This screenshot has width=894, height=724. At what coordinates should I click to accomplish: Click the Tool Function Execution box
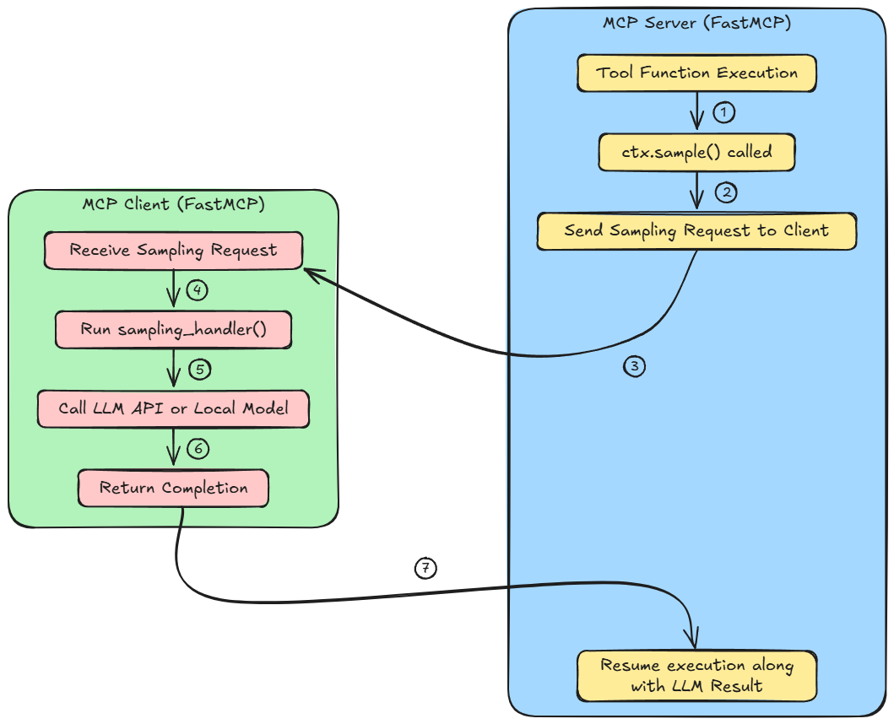[x=696, y=73]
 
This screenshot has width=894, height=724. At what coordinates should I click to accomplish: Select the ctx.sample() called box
[x=696, y=153]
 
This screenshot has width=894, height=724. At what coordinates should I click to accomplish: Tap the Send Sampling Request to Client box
[x=696, y=230]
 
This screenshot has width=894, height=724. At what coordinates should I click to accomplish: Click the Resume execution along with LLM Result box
[x=696, y=675]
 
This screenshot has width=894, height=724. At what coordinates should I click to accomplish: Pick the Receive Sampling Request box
[x=173, y=251]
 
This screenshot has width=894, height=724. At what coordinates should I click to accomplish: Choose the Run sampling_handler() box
[x=173, y=329]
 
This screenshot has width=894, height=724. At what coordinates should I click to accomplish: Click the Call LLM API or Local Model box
[x=173, y=408]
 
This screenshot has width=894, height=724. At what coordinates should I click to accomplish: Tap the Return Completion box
[x=173, y=488]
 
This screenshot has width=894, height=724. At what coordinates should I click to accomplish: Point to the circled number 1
[x=724, y=111]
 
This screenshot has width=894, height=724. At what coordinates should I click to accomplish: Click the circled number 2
[x=726, y=192]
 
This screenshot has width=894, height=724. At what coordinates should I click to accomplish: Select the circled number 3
[x=635, y=366]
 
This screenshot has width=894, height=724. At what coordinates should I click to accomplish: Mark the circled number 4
[x=197, y=290]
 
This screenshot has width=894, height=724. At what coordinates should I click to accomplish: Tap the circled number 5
[x=198, y=369]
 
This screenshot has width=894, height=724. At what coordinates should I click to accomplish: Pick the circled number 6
[x=198, y=448]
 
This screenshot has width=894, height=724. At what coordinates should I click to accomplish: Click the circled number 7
[x=425, y=568]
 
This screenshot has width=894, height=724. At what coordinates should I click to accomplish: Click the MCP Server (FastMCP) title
[x=696, y=23]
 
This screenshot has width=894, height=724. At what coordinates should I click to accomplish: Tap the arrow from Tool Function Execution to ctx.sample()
[x=697, y=110]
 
